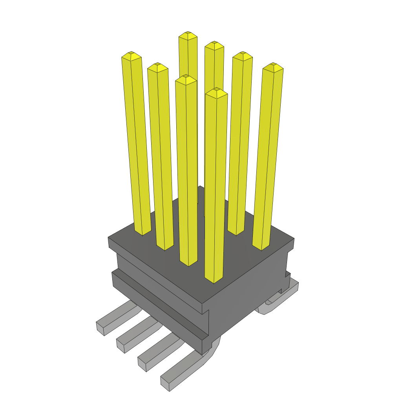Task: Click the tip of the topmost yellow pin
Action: [188, 33]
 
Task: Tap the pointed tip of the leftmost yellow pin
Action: [131, 53]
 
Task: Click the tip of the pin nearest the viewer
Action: [216, 90]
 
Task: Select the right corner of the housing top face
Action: [294, 238]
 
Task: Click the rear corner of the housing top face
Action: [200, 187]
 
